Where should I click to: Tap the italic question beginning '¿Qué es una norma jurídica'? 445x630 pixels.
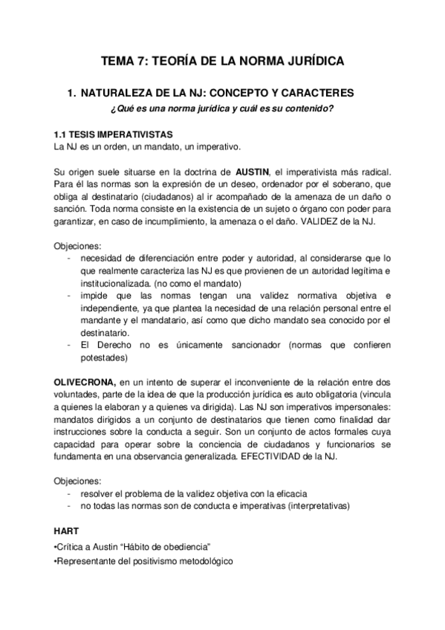221,110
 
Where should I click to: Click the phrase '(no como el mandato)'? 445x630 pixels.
195,283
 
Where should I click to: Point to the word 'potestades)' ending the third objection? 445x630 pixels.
104,357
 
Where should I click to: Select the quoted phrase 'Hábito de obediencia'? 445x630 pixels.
163,548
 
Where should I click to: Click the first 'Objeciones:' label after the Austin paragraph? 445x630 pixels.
79,246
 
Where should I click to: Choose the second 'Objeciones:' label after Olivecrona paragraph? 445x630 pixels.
79,481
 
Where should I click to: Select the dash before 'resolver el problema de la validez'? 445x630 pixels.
69,493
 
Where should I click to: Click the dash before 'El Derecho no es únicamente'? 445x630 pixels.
69,345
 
